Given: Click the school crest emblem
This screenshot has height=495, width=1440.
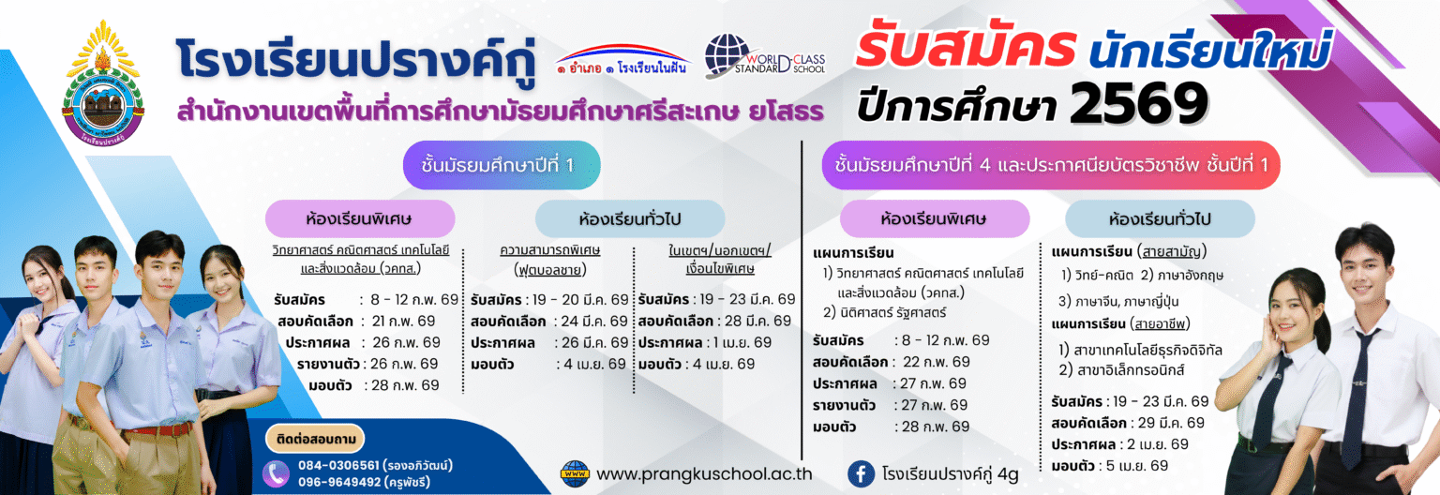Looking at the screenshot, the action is click(103, 83).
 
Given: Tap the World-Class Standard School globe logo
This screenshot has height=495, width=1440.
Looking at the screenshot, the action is click(764, 56).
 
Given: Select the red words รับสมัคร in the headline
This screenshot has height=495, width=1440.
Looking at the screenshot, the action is click(965, 47).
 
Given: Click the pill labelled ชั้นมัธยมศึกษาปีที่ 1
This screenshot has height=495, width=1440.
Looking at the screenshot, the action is click(502, 165).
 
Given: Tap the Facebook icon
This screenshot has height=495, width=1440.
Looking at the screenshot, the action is click(861, 474).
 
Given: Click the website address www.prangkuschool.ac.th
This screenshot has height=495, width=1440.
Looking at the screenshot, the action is click(704, 474).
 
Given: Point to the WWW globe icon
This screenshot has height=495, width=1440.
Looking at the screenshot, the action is click(575, 473).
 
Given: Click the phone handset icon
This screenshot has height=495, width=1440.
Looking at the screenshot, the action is click(277, 473).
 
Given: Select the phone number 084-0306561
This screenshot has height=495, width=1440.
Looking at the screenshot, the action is click(338, 465).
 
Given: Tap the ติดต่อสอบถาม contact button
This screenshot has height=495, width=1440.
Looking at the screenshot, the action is click(315, 439).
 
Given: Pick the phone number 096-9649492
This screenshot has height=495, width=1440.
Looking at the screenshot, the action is click(339, 482).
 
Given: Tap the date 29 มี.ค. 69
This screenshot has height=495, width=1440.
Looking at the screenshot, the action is click(1171, 423).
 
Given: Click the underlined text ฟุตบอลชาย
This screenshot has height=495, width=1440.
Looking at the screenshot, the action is click(550, 269).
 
